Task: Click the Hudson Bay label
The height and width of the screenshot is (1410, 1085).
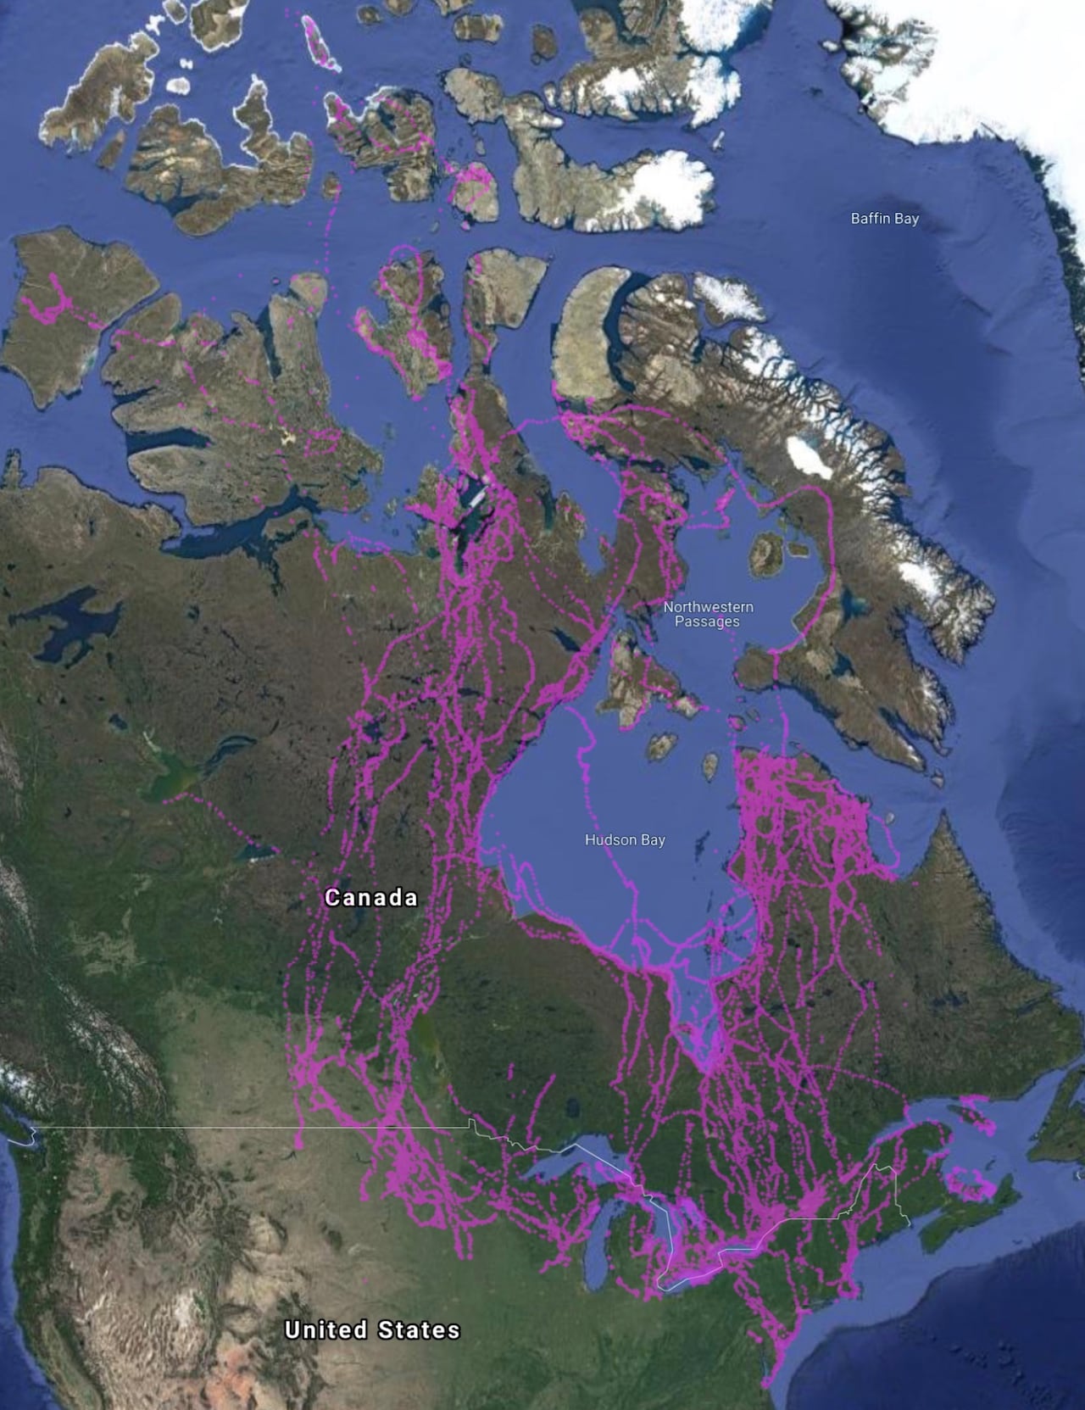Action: [625, 839]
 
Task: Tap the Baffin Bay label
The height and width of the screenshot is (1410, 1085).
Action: [884, 219]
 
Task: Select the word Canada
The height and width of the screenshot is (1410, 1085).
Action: [371, 897]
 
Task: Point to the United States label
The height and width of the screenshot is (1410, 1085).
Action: [372, 1329]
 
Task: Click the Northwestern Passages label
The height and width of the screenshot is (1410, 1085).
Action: [707, 614]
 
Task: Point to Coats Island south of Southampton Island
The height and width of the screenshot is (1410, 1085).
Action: [662, 747]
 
